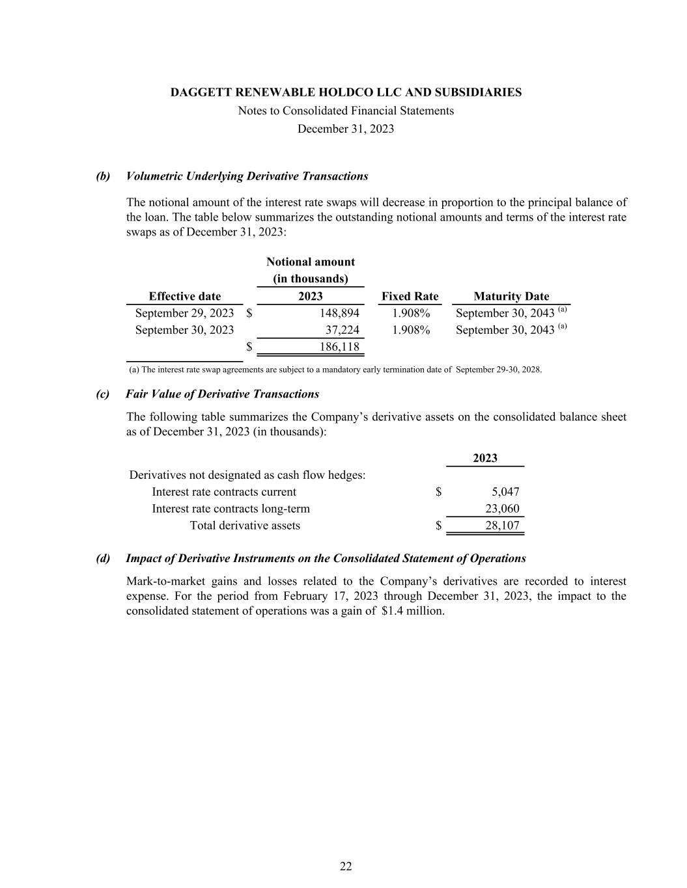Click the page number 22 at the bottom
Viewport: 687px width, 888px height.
pyautogui.click(x=346, y=866)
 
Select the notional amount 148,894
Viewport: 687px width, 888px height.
pyautogui.click(x=339, y=313)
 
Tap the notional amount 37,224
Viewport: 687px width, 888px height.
pyautogui.click(x=342, y=330)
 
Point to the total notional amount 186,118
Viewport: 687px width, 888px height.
pyautogui.click(x=339, y=347)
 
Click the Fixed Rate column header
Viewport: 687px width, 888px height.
pyautogui.click(x=410, y=296)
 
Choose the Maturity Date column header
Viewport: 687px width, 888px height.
pyautogui.click(x=511, y=296)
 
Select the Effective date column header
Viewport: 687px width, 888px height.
pyautogui.click(x=185, y=296)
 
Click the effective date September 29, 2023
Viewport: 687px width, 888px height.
pyautogui.click(x=184, y=313)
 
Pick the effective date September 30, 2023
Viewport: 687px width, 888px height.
pyautogui.click(x=184, y=330)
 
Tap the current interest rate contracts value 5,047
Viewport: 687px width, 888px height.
pyautogui.click(x=505, y=492)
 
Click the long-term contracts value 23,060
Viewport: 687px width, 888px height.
pyautogui.click(x=502, y=509)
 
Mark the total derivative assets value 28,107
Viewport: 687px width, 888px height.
pyautogui.click(x=502, y=526)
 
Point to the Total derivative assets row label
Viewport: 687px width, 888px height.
pyautogui.click(x=245, y=526)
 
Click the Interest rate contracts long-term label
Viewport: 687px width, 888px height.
pyautogui.click(x=231, y=509)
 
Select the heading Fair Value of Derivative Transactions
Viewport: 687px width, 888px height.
pyautogui.click(x=222, y=394)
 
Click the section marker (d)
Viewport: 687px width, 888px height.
pyautogui.click(x=103, y=558)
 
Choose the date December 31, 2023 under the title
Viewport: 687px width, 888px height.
pyautogui.click(x=346, y=129)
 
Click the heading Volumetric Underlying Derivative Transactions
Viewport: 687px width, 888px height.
pyautogui.click(x=247, y=176)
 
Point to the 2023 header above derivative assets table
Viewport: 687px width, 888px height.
pyautogui.click(x=485, y=458)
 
